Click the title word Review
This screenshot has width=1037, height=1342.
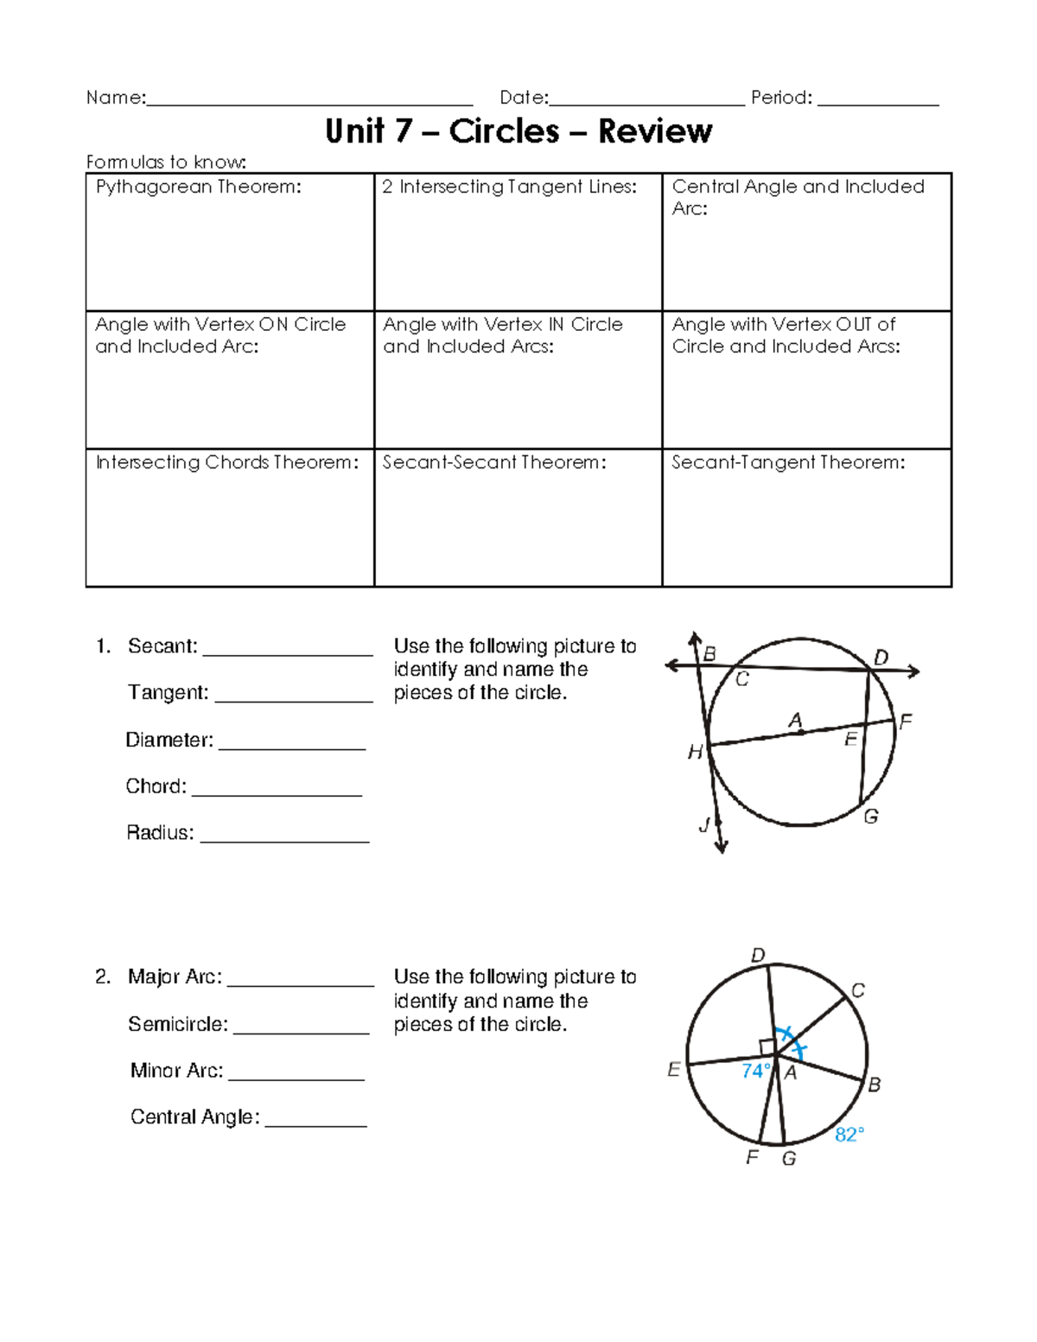coord(655,131)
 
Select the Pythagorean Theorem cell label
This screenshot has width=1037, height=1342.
coord(199,187)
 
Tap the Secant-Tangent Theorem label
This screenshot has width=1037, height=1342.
coord(788,462)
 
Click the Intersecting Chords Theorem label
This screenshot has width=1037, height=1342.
coord(226,462)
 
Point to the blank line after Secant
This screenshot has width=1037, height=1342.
coord(287,653)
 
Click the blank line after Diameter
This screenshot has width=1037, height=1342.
coord(292,747)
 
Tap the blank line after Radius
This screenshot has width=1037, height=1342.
coord(284,839)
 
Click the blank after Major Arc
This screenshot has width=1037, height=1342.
coord(300,983)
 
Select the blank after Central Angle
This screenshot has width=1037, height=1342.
coord(316,1123)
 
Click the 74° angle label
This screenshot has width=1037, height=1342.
coord(755,1072)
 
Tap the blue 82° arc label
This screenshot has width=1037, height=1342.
coord(849,1135)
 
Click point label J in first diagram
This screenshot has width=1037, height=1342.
coord(704,825)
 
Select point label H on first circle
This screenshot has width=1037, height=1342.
coord(695,753)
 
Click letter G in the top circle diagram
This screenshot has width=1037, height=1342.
coord(871,816)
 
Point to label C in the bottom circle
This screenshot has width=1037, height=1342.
coord(857,990)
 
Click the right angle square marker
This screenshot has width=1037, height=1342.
coord(767,1046)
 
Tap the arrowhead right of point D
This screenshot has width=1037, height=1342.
coord(914,671)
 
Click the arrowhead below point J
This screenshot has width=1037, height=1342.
coord(722,848)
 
